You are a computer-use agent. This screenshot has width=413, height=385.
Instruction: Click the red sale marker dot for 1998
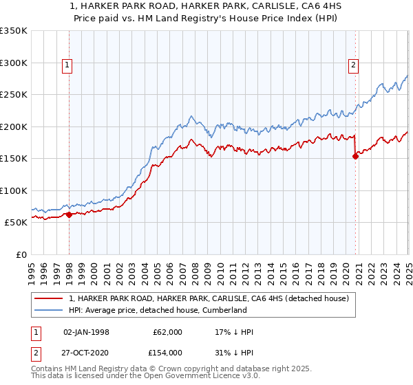(69, 215)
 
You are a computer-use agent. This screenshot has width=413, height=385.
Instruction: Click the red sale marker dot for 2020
(356, 156)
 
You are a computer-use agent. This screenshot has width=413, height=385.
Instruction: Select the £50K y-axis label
(16, 223)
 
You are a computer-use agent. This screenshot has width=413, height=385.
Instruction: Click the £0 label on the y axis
(21, 254)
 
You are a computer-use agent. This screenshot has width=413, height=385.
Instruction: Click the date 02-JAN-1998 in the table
(85, 332)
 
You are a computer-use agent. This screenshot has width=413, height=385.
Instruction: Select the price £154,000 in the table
(167, 352)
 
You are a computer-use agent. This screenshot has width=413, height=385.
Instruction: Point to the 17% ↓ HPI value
(234, 332)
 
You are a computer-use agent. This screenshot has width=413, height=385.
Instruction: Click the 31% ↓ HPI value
(234, 352)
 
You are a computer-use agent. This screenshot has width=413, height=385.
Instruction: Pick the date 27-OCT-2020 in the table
(86, 352)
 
